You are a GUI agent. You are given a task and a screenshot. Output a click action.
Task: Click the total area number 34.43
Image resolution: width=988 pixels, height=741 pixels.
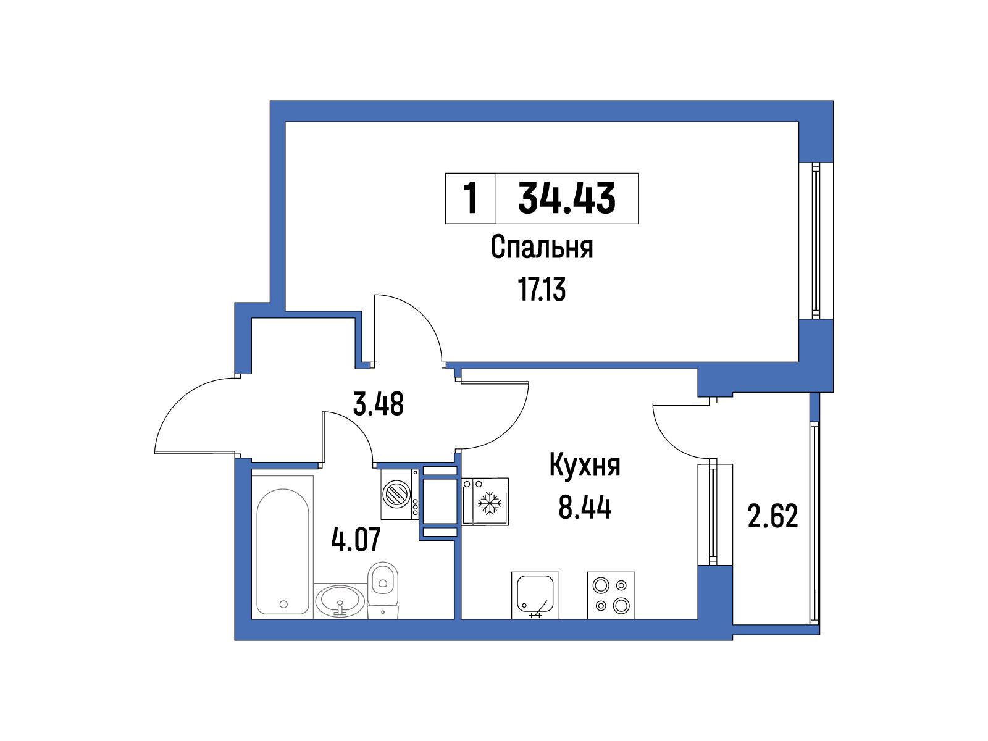[x=566, y=198]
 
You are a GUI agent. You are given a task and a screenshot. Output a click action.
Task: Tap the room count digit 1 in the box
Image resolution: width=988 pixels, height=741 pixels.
[x=471, y=198]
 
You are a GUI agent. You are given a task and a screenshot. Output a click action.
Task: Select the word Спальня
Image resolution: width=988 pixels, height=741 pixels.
[x=542, y=248]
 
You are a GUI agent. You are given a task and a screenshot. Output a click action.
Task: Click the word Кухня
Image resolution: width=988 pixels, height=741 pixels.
[x=585, y=466]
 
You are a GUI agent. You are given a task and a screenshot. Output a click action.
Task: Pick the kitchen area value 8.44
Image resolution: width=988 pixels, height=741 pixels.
[x=585, y=508]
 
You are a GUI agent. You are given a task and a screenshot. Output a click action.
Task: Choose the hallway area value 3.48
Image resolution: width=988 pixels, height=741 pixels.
[x=378, y=404]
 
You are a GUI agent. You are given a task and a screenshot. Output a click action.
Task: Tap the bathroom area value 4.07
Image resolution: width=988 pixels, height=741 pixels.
[x=356, y=540]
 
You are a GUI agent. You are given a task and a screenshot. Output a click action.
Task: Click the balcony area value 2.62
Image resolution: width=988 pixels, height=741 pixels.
[x=773, y=516]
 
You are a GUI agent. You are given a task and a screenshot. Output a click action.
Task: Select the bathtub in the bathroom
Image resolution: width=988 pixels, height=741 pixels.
[x=283, y=551]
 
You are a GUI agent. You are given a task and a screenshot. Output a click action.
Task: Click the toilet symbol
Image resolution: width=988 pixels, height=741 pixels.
[x=383, y=590]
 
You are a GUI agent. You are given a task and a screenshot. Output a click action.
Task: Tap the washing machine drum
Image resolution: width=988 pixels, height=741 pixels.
[x=396, y=493]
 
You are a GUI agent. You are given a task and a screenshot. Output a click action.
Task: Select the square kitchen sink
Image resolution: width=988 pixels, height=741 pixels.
[x=535, y=595]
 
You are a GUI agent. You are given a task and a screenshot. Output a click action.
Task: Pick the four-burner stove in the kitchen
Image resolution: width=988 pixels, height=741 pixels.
[x=611, y=595]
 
